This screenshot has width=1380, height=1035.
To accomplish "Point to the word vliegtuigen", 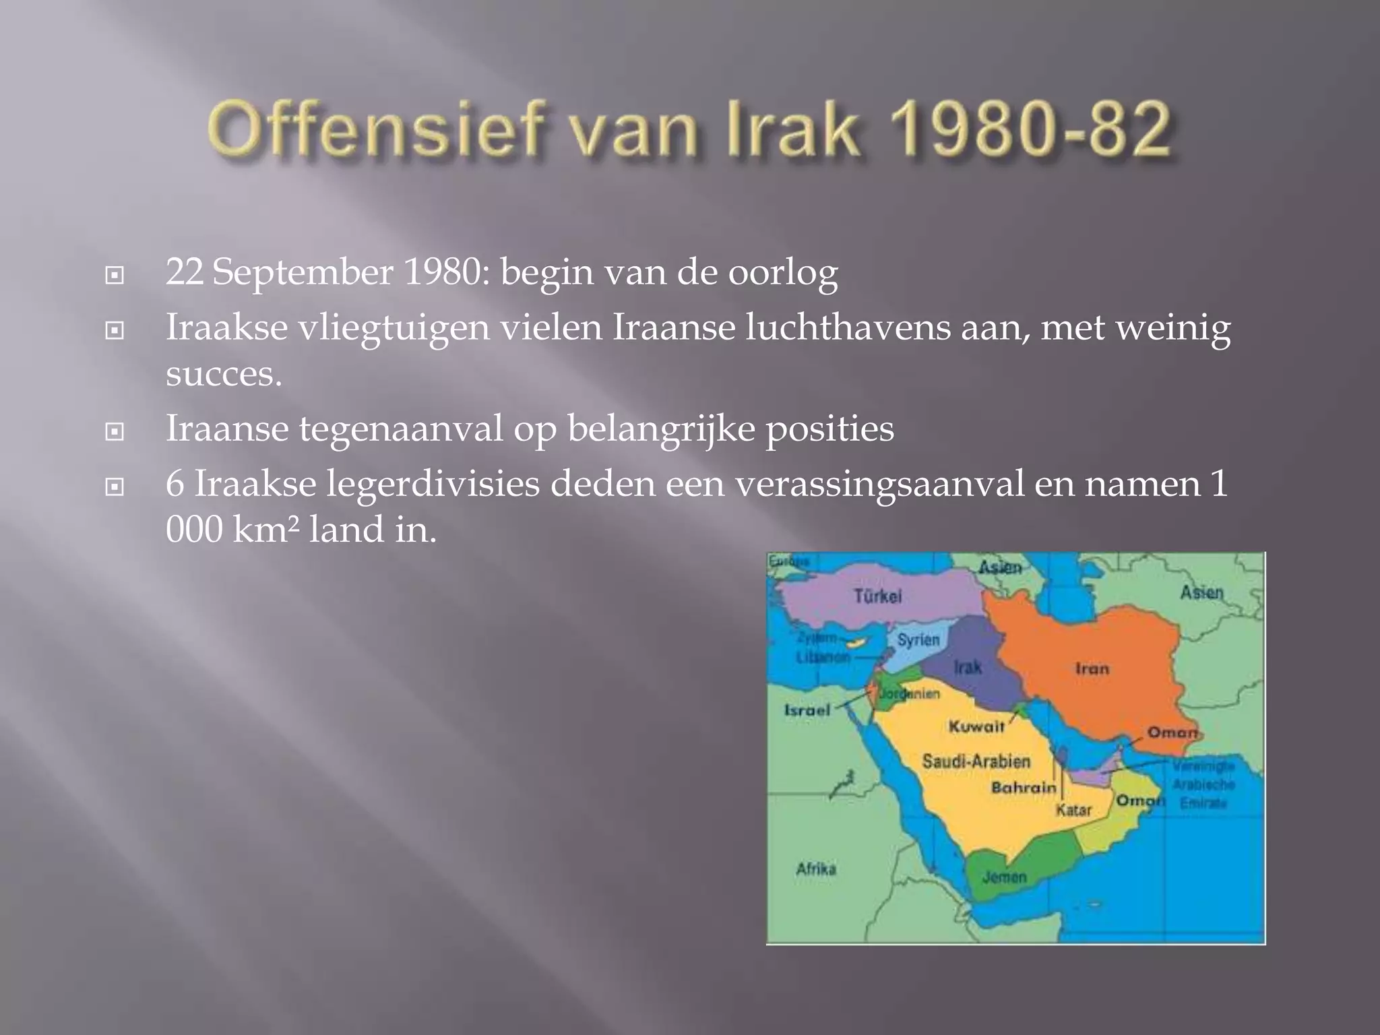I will click(394, 328).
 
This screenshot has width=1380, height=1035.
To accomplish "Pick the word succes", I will click(223, 374).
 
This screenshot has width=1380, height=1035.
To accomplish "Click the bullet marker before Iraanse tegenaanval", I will click(115, 431).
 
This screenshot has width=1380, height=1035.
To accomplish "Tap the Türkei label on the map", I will click(877, 596).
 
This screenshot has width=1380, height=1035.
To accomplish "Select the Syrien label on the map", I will click(918, 639).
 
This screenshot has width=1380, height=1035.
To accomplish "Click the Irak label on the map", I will click(968, 667).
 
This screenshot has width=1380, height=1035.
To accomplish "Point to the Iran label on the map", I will click(1092, 668).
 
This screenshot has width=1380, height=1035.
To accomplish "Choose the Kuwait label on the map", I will click(976, 726).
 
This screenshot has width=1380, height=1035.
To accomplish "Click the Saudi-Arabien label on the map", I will click(976, 761).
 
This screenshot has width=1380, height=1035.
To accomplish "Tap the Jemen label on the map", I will click(1004, 877).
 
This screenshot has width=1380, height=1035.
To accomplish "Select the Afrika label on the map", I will click(816, 869).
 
